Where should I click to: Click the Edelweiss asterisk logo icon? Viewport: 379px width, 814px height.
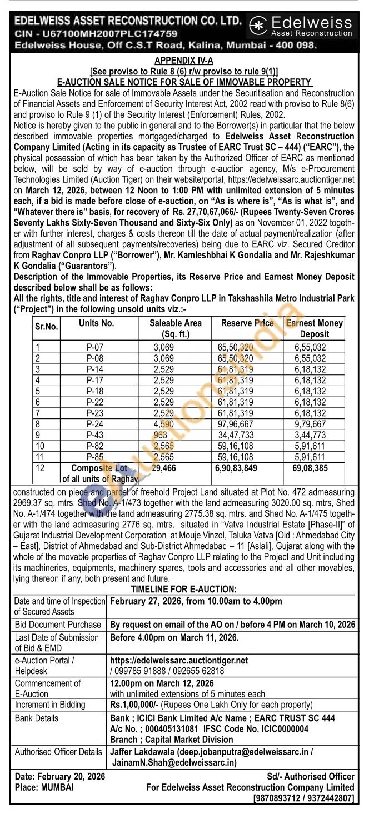(x=257, y=25)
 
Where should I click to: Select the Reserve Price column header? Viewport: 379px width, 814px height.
(x=247, y=323)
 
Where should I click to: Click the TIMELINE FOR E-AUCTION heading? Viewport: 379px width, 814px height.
(x=183, y=589)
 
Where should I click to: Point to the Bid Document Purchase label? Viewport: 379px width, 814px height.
(x=58, y=625)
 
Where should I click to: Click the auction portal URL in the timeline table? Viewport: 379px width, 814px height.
(x=179, y=661)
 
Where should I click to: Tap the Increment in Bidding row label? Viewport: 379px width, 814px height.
(x=50, y=705)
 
